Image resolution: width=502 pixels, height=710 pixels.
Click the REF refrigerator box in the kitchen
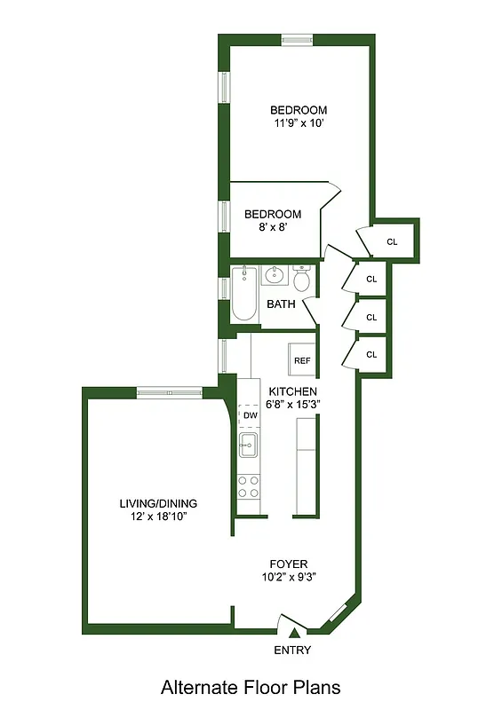pos(303,360)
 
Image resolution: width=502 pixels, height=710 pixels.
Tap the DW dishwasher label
pos(250,415)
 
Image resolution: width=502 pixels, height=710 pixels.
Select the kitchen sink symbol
pos(248,445)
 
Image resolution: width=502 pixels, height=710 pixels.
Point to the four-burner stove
pos(248,485)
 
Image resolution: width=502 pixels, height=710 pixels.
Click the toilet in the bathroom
pos(302,280)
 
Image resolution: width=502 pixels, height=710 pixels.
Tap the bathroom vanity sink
pos(273,276)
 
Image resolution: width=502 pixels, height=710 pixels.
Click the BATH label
pos(282,304)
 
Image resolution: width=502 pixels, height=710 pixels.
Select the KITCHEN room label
pos(293,391)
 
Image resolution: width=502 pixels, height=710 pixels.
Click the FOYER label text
pos(289,564)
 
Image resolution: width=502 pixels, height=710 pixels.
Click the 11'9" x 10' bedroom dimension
pos(298,123)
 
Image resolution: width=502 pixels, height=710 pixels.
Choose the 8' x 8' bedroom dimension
pos(273,227)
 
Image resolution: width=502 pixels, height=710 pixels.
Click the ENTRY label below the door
pos(292,651)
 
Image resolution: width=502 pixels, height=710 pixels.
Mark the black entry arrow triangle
pos(293,633)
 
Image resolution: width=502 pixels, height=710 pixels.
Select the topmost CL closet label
pos(393,241)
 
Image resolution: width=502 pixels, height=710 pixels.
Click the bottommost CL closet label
pos(372,355)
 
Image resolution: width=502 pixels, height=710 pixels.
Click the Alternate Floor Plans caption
pos(251,687)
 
